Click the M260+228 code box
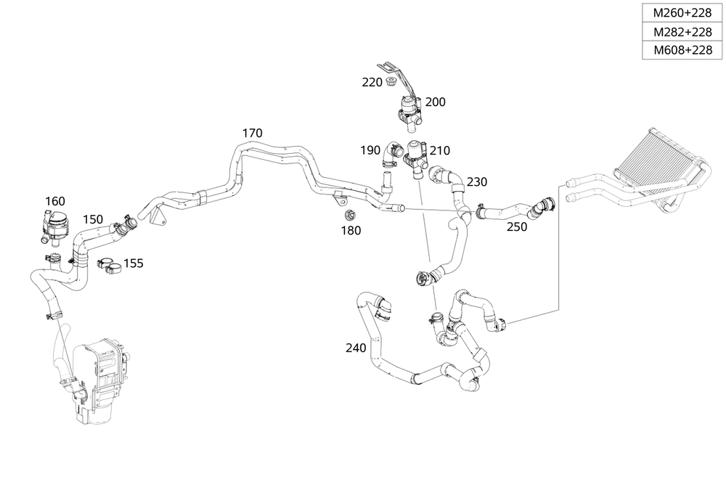(682, 13)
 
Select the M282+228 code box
(682, 32)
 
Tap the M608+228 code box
(682, 50)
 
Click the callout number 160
(55, 201)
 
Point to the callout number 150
(92, 218)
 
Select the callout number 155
(133, 263)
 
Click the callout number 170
(252, 134)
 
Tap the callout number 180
(350, 230)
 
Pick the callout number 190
(370, 150)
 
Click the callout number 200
(435, 102)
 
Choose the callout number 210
(439, 150)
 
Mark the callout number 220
(372, 82)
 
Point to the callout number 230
(477, 181)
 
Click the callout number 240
(356, 348)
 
